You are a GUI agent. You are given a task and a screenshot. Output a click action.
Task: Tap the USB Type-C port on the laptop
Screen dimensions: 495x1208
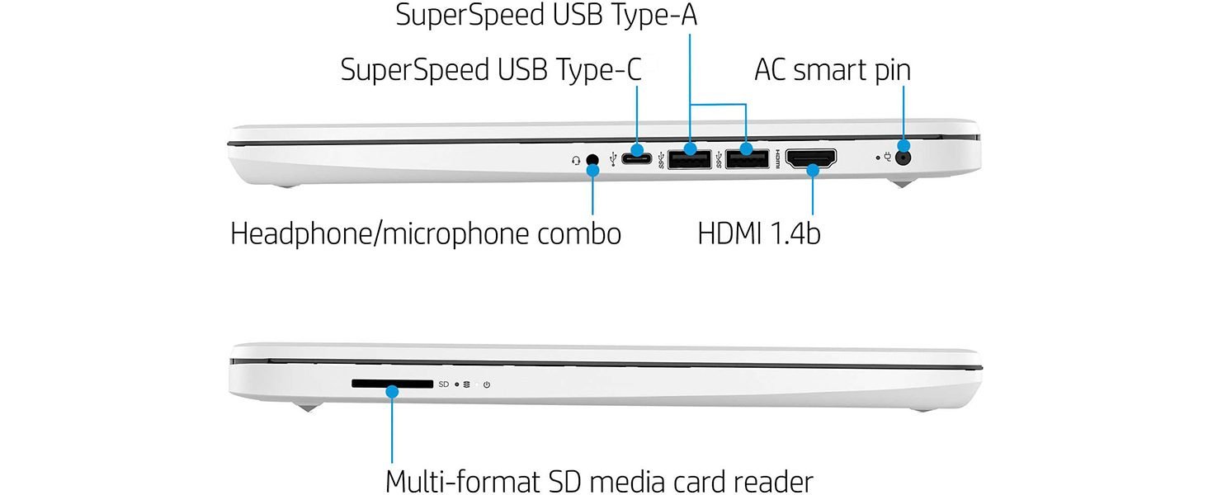(637, 158)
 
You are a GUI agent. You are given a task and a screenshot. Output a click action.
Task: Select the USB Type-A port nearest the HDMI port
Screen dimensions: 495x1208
(747, 158)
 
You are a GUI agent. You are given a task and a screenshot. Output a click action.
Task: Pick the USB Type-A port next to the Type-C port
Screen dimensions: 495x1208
(689, 158)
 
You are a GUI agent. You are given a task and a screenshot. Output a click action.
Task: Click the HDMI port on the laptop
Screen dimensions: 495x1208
(811, 158)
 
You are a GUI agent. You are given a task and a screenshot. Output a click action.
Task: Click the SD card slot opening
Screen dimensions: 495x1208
(392, 384)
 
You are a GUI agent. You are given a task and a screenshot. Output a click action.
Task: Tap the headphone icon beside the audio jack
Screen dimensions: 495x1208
(575, 159)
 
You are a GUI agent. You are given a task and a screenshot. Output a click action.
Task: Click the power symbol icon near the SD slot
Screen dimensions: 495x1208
(487, 384)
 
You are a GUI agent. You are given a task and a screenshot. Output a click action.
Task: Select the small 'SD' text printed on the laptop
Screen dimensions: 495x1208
(443, 384)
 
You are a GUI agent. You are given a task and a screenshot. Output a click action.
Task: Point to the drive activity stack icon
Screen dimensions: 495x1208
(467, 384)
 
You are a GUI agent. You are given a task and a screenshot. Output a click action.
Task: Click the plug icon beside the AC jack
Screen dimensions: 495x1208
(889, 156)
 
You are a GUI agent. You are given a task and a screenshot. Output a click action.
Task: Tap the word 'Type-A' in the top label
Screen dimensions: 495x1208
(651, 16)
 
